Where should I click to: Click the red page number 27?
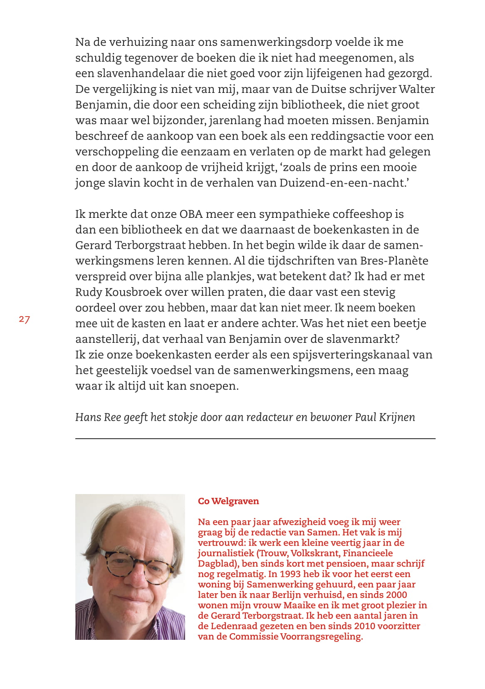pos(24,320)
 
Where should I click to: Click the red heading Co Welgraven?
pos(228,501)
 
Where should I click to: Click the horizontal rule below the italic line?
pos(255,438)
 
